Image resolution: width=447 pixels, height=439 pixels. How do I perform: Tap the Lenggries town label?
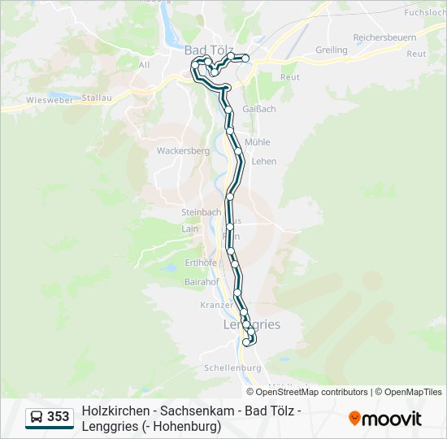click(252, 324)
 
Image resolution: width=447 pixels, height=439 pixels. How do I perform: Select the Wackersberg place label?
click(183, 150)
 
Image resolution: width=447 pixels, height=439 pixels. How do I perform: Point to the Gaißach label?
click(259, 108)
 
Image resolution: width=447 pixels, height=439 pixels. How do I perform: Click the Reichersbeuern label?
click(384, 37)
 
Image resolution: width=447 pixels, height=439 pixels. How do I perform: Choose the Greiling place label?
click(331, 50)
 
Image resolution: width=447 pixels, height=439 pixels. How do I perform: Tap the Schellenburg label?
click(232, 368)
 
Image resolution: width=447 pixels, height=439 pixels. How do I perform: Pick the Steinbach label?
click(201, 211)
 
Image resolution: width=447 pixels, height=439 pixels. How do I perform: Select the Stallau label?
click(95, 97)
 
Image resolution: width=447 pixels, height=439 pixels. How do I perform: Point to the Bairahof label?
click(202, 281)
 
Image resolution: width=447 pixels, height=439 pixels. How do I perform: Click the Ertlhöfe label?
click(201, 262)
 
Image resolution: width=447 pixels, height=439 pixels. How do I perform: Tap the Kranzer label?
click(215, 305)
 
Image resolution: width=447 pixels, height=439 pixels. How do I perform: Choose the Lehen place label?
click(264, 161)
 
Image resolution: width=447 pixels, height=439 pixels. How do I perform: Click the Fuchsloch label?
click(425, 13)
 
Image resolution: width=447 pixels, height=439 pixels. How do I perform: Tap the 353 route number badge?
click(58, 417)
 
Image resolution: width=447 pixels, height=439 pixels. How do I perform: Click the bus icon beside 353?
click(37, 417)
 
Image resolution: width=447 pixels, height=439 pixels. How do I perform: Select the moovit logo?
click(385, 419)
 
